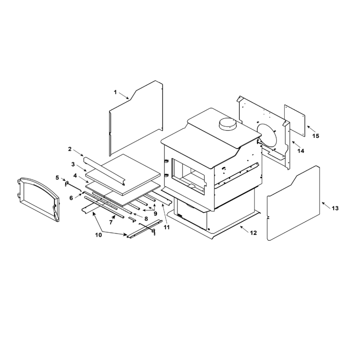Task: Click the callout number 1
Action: [x=116, y=92]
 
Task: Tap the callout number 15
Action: [x=316, y=136]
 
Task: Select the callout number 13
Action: [x=335, y=208]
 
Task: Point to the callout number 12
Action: [x=253, y=233]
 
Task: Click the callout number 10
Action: [x=99, y=235]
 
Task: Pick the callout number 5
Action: [x=57, y=178]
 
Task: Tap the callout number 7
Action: [x=111, y=222]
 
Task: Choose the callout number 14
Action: [x=301, y=151]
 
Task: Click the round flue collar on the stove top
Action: [x=226, y=124]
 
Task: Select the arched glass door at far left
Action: [x=39, y=199]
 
